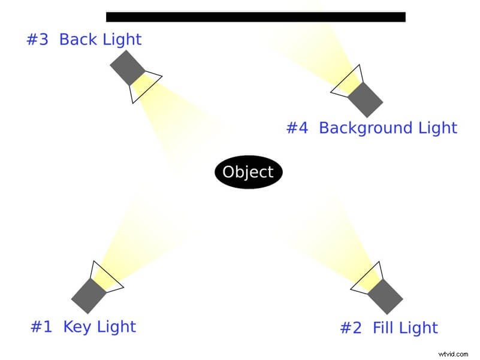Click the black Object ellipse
pyautogui.click(x=248, y=173)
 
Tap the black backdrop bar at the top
pyautogui.click(x=255, y=17)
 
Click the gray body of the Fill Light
pyautogui.click(x=385, y=296)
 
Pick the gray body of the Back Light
pyautogui.click(x=128, y=68)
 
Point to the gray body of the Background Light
pyautogui.click(x=365, y=99)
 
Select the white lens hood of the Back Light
pyautogui.click(x=144, y=85)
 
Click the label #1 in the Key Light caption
pyautogui.click(x=41, y=326)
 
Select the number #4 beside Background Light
pyautogui.click(x=297, y=128)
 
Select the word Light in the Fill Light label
pyautogui.click(x=419, y=328)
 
